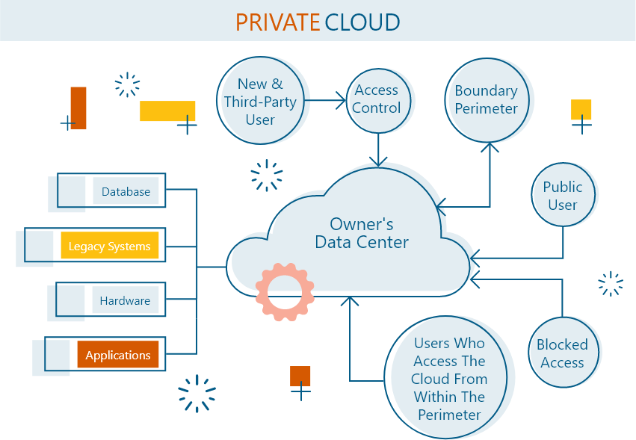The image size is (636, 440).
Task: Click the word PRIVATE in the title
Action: coord(277,22)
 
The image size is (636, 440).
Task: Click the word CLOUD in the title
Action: coord(362,22)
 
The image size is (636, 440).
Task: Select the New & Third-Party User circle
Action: coord(260,101)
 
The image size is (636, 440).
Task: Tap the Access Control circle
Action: coord(377,99)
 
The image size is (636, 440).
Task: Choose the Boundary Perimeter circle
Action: coord(487,99)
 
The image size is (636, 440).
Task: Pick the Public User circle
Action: coord(563,196)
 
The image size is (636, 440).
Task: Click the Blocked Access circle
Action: coord(562,353)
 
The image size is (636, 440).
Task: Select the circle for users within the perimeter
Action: coord(450,379)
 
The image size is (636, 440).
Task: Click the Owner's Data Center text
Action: coord(362,233)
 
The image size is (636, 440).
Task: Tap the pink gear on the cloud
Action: coord(285,291)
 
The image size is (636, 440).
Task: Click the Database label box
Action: coord(126,192)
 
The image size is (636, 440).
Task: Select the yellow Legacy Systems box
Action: coord(110,247)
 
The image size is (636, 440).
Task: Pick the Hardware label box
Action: coord(126,301)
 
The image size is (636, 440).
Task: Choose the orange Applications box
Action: coord(118,356)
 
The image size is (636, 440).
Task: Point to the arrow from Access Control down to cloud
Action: coord(379,149)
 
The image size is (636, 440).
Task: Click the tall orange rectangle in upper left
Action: coord(78,108)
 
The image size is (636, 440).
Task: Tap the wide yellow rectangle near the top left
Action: coord(167,111)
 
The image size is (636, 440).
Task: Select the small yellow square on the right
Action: coord(581,109)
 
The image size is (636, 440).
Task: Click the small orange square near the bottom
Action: coord(300,377)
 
